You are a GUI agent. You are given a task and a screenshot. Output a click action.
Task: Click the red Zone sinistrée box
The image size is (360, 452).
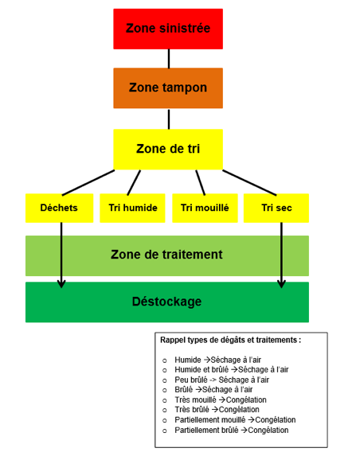point(168,29)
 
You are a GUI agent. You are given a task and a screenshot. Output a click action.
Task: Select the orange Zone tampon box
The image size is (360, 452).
point(168,88)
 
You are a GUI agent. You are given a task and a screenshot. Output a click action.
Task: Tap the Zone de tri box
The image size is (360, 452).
point(168,150)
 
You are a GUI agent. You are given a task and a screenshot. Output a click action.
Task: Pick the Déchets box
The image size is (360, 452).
point(60,208)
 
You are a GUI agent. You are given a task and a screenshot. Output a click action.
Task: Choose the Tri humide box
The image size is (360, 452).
point(132,208)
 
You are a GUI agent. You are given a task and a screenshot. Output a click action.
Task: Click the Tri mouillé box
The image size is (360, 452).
point(205,208)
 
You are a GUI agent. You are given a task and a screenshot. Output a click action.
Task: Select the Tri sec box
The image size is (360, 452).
point(276,208)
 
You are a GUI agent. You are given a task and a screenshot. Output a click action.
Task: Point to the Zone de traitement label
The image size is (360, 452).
point(166,255)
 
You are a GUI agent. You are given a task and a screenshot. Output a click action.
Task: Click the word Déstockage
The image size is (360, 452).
point(166,302)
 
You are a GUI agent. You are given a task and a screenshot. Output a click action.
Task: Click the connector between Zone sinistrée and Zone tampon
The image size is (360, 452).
point(169,59)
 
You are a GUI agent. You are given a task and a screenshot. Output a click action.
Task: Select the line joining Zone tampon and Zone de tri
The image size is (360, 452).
point(169,119)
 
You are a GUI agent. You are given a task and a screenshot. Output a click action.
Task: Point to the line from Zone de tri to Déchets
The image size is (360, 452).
point(88,183)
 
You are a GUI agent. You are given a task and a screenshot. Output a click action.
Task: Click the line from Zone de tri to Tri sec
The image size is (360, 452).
point(249,183)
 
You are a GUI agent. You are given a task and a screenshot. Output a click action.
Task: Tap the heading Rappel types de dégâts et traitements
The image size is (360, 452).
point(230,340)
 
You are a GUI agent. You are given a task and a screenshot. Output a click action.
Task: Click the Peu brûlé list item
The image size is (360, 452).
point(221,380)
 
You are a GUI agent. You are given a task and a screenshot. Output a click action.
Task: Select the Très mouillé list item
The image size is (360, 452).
point(221,400)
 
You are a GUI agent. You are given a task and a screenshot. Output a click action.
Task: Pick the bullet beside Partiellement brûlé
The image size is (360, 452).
point(164,431)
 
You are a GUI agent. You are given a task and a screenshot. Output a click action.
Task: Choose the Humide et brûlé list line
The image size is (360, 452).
point(231,369)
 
